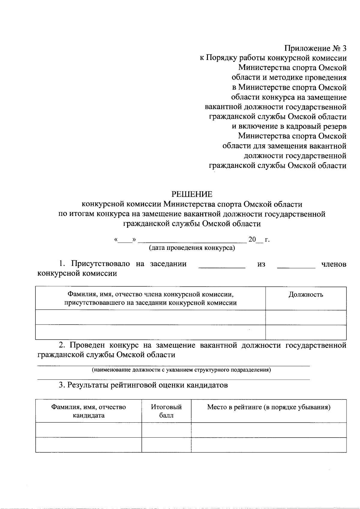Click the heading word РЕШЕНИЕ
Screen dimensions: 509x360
coord(192,194)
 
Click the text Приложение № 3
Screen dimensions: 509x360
coord(315,48)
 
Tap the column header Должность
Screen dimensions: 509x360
coord(306,295)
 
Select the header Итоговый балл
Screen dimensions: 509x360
coord(166,411)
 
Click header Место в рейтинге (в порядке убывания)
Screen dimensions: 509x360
coord(269,407)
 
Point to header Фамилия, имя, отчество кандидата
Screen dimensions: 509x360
coord(88,411)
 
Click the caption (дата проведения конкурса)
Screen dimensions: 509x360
coord(192,248)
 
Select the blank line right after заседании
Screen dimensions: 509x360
coord(222,265)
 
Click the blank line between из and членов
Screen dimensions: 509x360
coord(296,265)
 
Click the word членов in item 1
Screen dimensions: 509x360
coord(334,264)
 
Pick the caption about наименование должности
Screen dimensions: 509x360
coord(181,370)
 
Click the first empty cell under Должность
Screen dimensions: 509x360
coord(306,317)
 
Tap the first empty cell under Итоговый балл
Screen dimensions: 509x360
coord(166,430)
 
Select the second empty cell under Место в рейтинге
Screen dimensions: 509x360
coord(269,445)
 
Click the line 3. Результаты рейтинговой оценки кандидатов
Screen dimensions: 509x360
coord(143,385)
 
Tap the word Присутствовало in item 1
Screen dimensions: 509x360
coord(100,264)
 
